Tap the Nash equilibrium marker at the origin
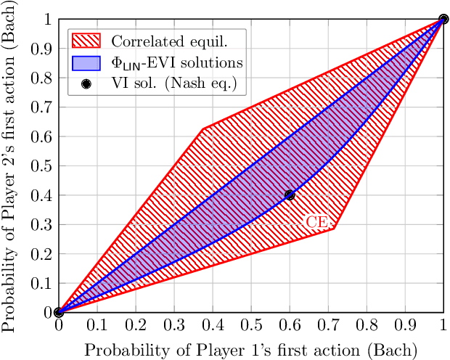pyautogui.click(x=58, y=312)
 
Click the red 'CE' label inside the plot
pyautogui.click(x=315, y=223)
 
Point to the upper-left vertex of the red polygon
pyautogui.click(x=202, y=129)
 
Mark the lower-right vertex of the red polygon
pyautogui.click(x=334, y=229)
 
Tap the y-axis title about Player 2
pyautogui.click(x=10, y=167)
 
